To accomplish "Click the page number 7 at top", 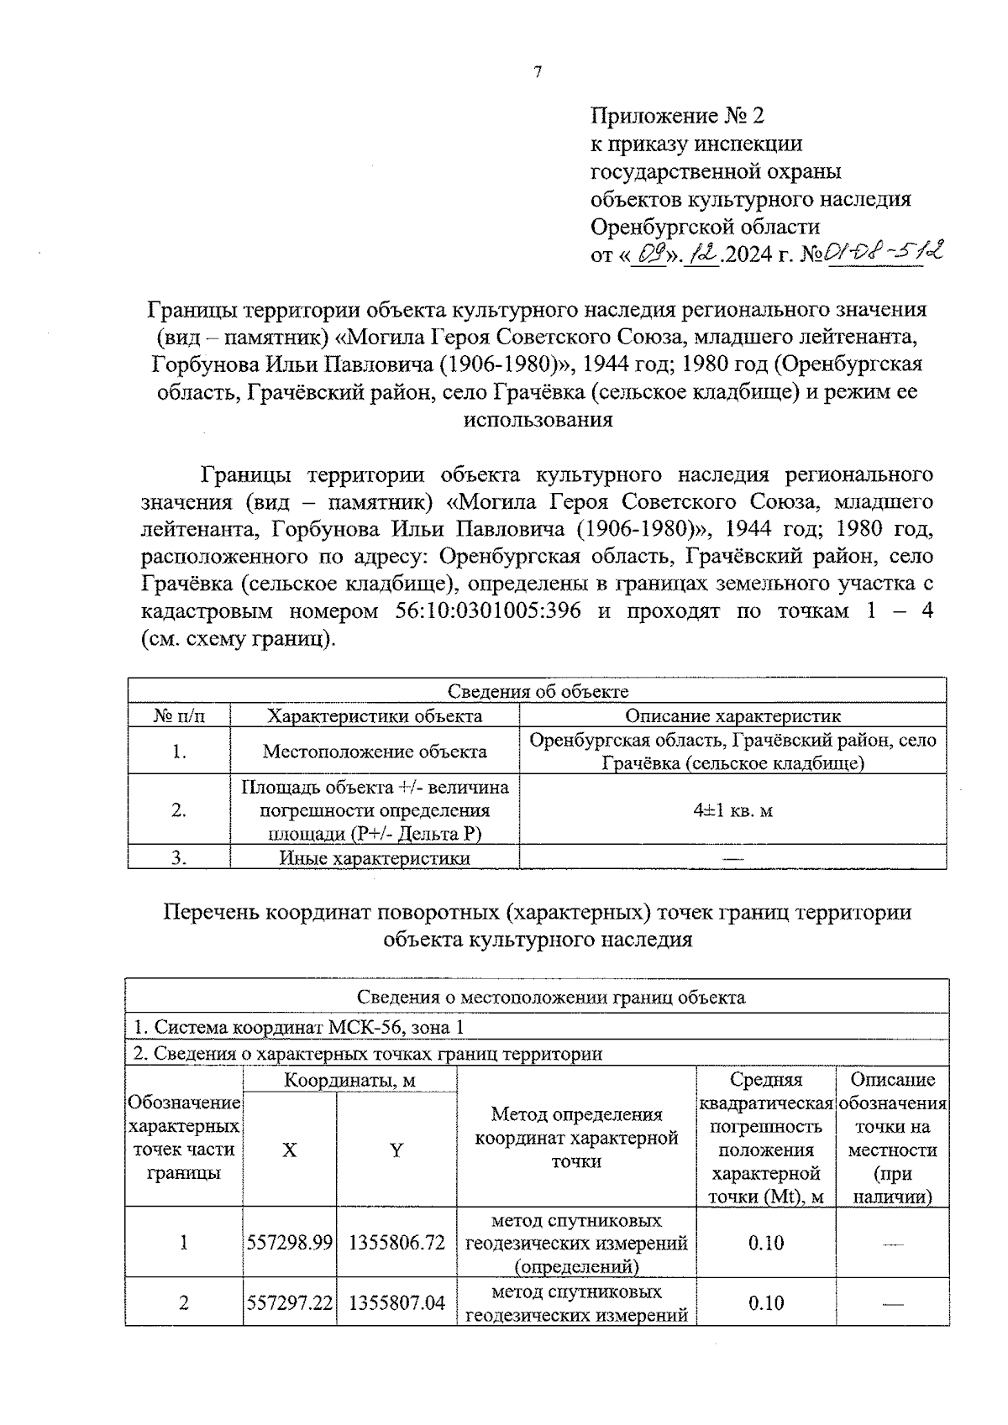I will (x=538, y=72).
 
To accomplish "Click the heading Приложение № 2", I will (x=678, y=115).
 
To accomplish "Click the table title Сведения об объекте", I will (x=538, y=691).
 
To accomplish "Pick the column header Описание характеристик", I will (x=732, y=715).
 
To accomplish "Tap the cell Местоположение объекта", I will (x=375, y=751).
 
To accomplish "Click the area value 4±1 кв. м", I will (x=732, y=810).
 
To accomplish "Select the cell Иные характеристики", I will (x=375, y=858).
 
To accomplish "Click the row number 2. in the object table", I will (x=178, y=810).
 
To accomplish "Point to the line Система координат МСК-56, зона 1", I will (x=298, y=1027).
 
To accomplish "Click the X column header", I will (x=289, y=1150).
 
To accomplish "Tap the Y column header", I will (x=396, y=1150).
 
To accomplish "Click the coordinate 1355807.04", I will (x=396, y=1303).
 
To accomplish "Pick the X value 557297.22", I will (x=290, y=1303).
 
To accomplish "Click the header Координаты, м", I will (x=349, y=1080).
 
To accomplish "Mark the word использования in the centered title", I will (x=538, y=420).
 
